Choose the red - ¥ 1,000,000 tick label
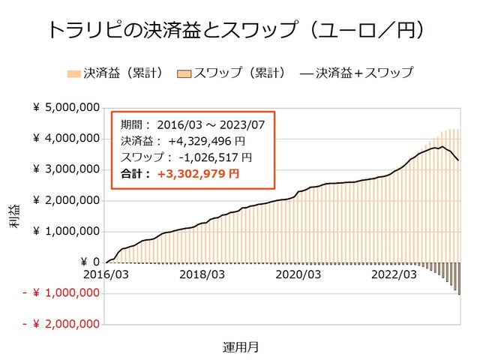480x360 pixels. pos(63,293)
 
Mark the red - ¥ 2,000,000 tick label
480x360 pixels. pos(63,324)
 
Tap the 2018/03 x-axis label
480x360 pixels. pos(202,275)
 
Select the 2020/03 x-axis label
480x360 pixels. pos(298,275)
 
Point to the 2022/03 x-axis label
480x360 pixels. pos(395,275)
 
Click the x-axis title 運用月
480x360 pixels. pos(241,347)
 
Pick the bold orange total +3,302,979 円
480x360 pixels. pos(198,174)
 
